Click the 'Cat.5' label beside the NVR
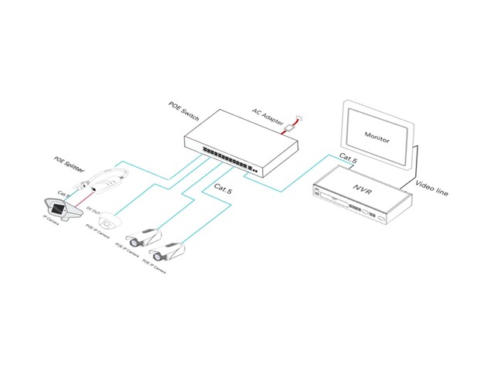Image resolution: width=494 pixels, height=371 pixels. pos(347,159)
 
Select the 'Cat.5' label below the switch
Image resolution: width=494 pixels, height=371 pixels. pos(220,187)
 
